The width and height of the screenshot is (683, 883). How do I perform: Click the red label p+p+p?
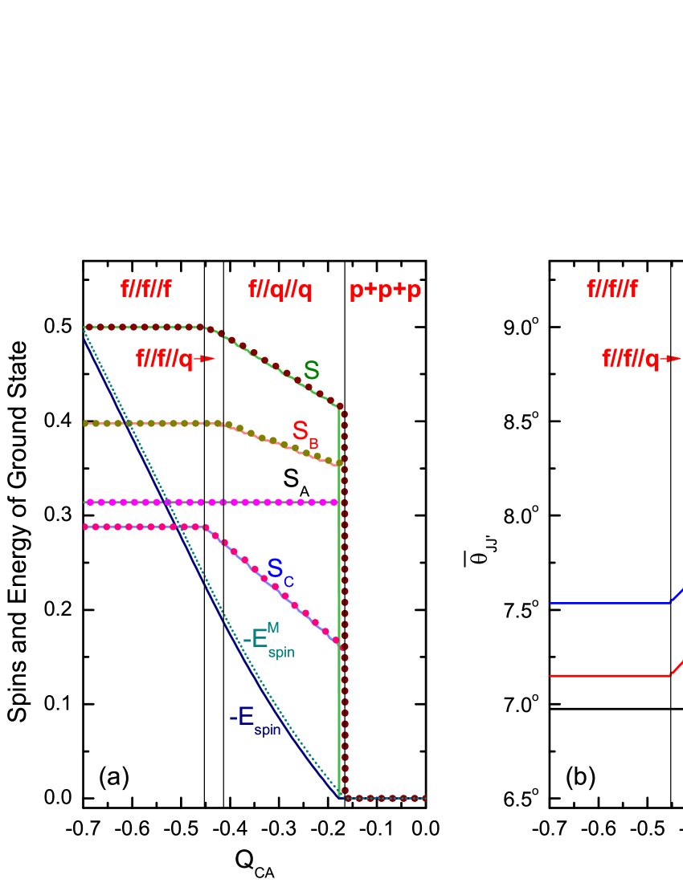[385, 291]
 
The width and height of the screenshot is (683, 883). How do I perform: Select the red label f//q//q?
[280, 290]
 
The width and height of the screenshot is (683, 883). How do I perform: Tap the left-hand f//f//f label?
[145, 289]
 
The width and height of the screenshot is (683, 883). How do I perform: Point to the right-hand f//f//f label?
[611, 289]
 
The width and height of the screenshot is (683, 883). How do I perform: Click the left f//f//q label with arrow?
[165, 359]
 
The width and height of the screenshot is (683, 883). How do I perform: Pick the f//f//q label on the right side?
[631, 359]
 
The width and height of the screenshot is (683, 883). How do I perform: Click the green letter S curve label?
[311, 371]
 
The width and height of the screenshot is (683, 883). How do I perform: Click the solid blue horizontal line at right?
[609, 603]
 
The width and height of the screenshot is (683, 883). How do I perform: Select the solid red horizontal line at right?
[609, 676]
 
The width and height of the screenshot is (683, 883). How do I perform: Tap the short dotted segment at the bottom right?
[386, 798]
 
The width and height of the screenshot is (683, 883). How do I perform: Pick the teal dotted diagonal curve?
[201, 562]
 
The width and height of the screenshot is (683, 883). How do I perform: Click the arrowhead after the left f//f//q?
[209, 359]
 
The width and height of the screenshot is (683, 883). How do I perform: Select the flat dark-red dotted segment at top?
[145, 328]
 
